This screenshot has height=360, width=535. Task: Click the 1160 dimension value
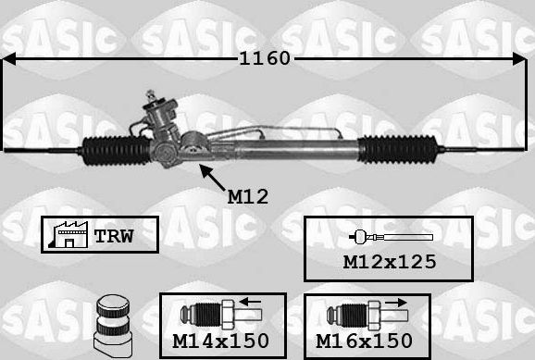pyautogui.click(x=266, y=58)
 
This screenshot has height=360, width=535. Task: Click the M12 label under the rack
pyautogui.click(x=247, y=196)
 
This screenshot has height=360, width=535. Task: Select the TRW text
pyautogui.click(x=116, y=236)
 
